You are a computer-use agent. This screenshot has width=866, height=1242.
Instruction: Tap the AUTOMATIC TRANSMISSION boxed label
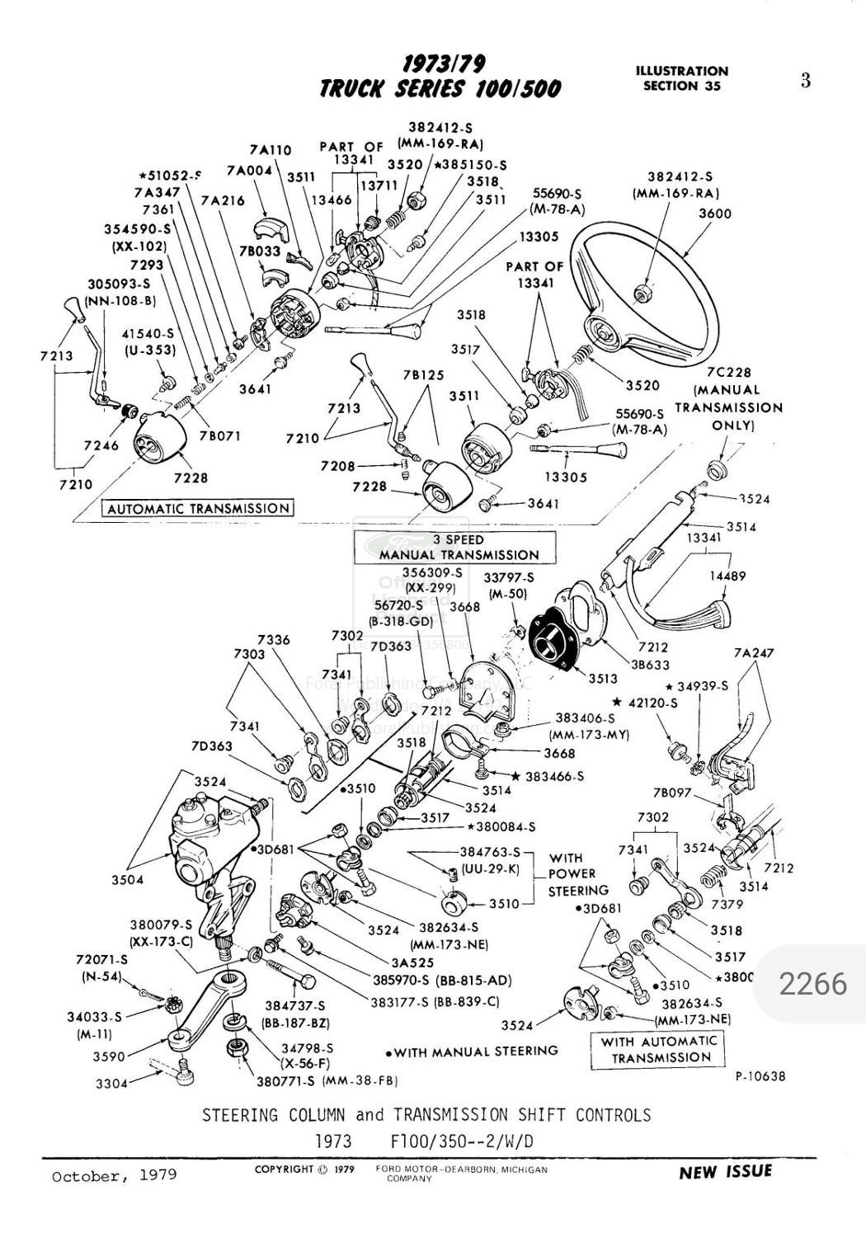click(x=197, y=509)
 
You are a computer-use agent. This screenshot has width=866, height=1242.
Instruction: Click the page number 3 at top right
click(x=805, y=80)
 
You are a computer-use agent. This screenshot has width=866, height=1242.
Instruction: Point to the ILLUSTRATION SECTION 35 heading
click(x=681, y=78)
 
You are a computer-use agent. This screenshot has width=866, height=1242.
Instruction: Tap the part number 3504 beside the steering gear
click(x=127, y=880)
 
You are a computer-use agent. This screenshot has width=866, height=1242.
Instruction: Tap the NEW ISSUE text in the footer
click(x=725, y=1172)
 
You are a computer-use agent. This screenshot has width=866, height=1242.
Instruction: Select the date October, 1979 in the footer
click(x=114, y=1174)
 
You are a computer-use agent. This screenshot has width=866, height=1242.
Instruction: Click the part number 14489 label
click(x=727, y=577)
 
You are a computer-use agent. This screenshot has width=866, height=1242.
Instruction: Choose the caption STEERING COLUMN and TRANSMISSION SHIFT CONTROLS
click(x=426, y=1115)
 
